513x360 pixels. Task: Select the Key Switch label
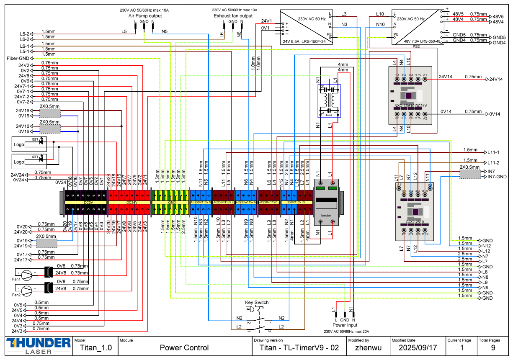click(x=257, y=303)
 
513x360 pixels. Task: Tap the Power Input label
click(x=345, y=325)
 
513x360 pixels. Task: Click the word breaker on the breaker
click(x=326, y=215)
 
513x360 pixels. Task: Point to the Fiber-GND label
click(x=18, y=58)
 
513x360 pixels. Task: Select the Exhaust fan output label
click(x=233, y=16)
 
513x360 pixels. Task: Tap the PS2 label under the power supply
click(x=416, y=46)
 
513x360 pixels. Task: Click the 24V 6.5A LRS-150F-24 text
click(x=307, y=41)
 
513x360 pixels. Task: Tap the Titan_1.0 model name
click(x=95, y=348)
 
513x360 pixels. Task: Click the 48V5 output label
click(x=498, y=16)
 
